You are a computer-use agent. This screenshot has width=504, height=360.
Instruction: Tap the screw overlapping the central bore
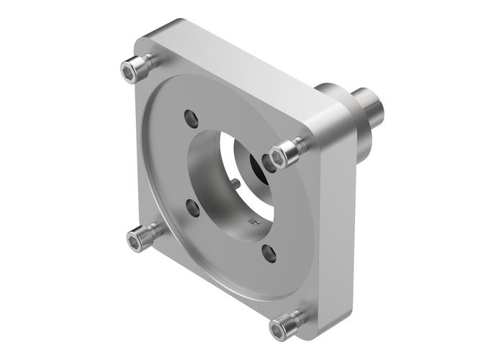point(287,152)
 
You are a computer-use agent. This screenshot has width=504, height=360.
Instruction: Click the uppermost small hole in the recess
point(190,116)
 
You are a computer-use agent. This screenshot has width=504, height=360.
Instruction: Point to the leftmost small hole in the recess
point(192,207)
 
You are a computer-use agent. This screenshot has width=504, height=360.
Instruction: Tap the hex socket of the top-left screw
point(129,70)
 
